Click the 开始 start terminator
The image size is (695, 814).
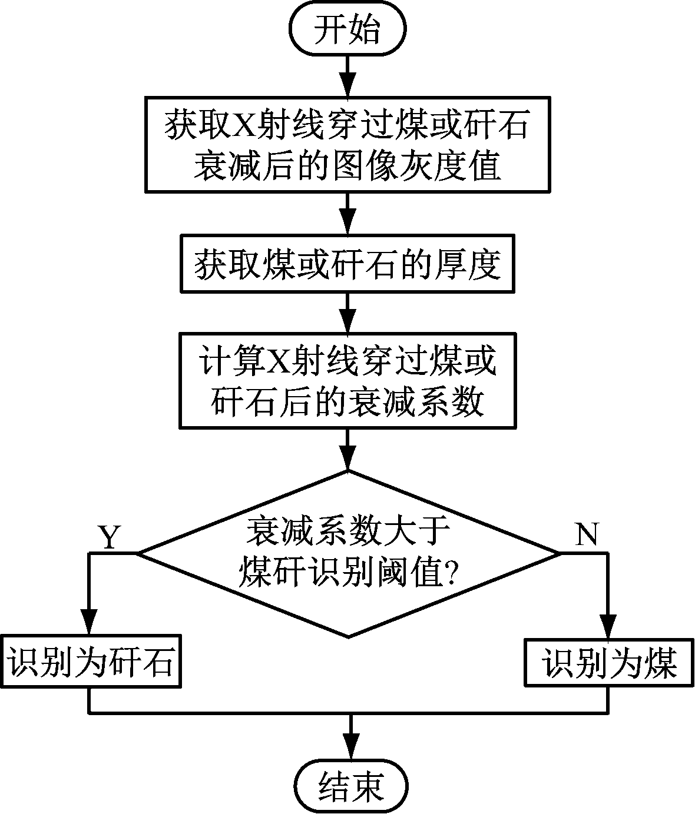pos(347,30)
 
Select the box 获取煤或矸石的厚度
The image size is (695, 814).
pos(347,264)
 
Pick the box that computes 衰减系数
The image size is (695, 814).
pos(347,380)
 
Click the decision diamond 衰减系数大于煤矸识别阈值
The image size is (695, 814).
pos(347,553)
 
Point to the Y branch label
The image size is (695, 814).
pos(108,536)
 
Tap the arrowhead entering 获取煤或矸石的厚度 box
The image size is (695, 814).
pos(347,224)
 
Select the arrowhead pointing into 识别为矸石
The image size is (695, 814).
pos(89,622)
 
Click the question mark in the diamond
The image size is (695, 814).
pos(450,570)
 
